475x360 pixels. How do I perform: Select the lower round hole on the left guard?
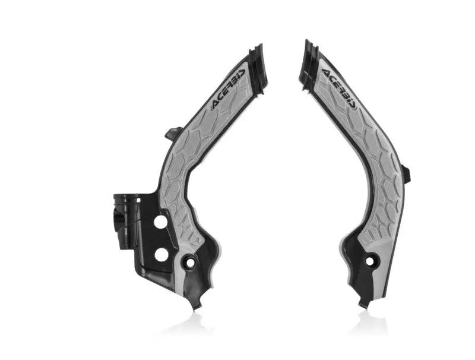(x=160, y=254)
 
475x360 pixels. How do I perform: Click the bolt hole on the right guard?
(x=370, y=260)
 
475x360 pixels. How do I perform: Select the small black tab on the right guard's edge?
(x=406, y=174)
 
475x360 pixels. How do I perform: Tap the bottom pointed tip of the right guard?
(x=362, y=304)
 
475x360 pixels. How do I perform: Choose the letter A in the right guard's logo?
(x=328, y=72)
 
